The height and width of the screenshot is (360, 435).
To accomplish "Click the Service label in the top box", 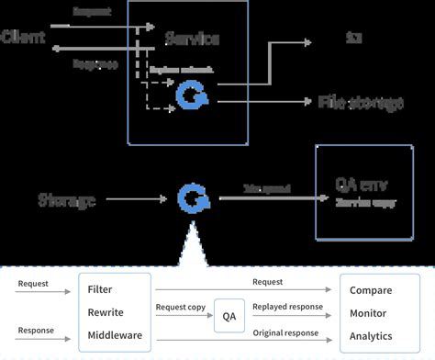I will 192,39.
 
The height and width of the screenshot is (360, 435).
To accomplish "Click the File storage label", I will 361,102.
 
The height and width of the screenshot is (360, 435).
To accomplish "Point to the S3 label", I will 353,39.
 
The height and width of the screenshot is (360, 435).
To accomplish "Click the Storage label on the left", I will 67,199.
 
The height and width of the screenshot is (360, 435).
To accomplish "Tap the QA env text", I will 359,182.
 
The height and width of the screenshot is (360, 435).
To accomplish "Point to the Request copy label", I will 181,307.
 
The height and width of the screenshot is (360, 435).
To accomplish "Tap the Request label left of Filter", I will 33,284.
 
